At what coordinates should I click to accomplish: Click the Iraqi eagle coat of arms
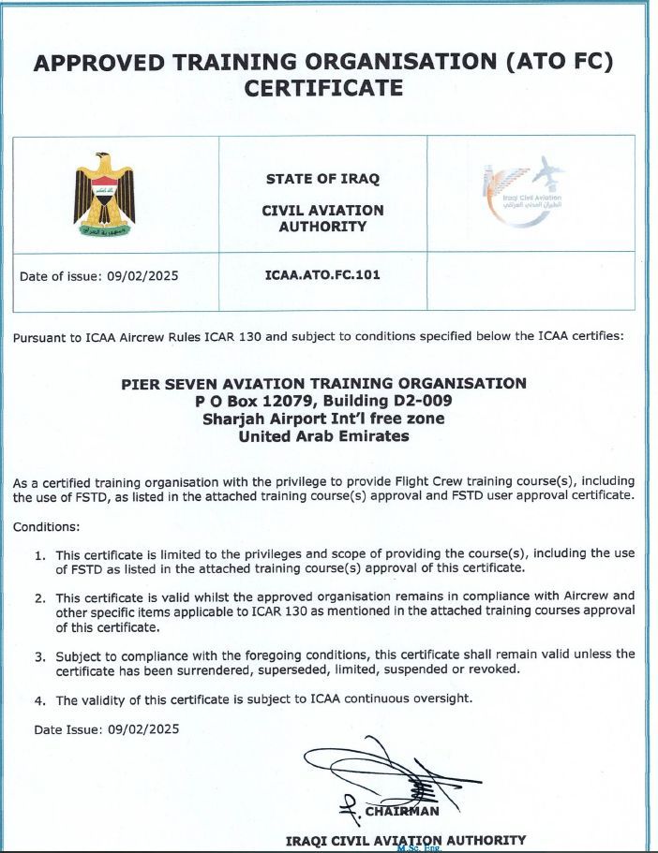tap(104, 193)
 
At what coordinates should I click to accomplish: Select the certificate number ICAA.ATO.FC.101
tap(323, 275)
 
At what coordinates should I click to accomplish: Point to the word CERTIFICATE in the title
tap(323, 89)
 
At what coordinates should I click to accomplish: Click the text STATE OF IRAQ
tap(323, 178)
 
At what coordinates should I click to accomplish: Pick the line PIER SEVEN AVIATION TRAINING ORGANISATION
tap(324, 383)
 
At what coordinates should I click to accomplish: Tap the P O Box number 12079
tap(284, 401)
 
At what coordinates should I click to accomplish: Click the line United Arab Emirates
tap(324, 436)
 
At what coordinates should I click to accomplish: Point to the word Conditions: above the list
tap(47, 526)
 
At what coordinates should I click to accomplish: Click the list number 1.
tap(40, 554)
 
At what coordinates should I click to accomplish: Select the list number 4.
tap(40, 700)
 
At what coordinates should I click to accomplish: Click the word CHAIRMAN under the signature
tap(402, 811)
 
